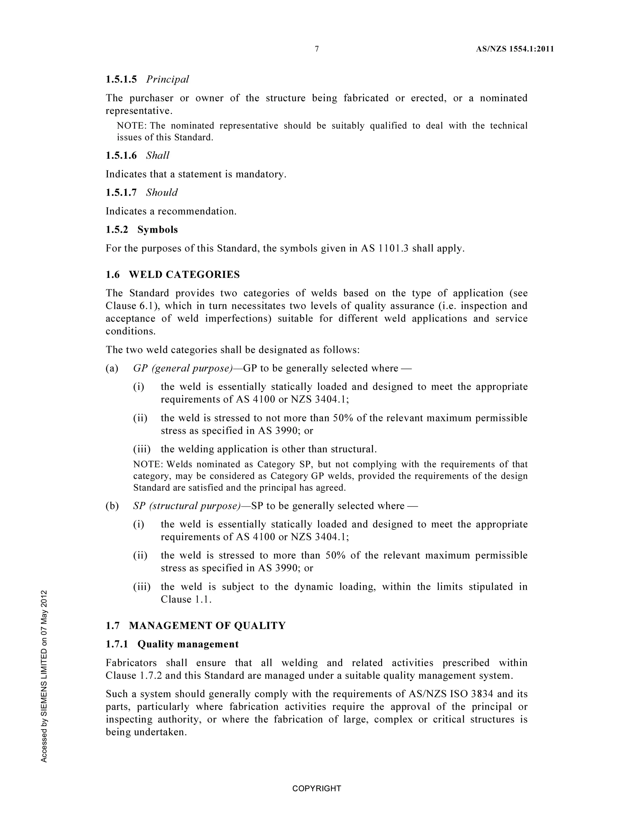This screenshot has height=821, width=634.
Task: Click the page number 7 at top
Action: click(x=317, y=49)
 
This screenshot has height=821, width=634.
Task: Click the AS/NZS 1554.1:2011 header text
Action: click(x=515, y=49)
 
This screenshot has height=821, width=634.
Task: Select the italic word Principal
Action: click(x=167, y=79)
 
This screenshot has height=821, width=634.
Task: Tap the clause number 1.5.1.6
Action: click(x=121, y=156)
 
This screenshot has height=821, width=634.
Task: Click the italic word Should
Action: click(x=162, y=192)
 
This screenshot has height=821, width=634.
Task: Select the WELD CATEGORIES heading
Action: click(x=184, y=275)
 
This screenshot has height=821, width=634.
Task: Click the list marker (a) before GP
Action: click(x=112, y=368)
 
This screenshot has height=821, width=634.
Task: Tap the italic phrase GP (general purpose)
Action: click(x=183, y=368)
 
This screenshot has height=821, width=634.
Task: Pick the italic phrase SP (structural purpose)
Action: click(x=187, y=506)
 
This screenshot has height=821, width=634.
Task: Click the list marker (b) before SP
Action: click(x=112, y=506)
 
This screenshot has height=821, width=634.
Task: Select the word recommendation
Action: click(x=197, y=211)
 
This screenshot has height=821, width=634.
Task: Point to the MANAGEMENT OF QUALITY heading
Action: click(x=207, y=626)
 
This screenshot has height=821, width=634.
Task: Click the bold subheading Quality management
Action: click(x=188, y=644)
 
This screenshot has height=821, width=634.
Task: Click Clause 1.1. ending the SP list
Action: click(x=186, y=599)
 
